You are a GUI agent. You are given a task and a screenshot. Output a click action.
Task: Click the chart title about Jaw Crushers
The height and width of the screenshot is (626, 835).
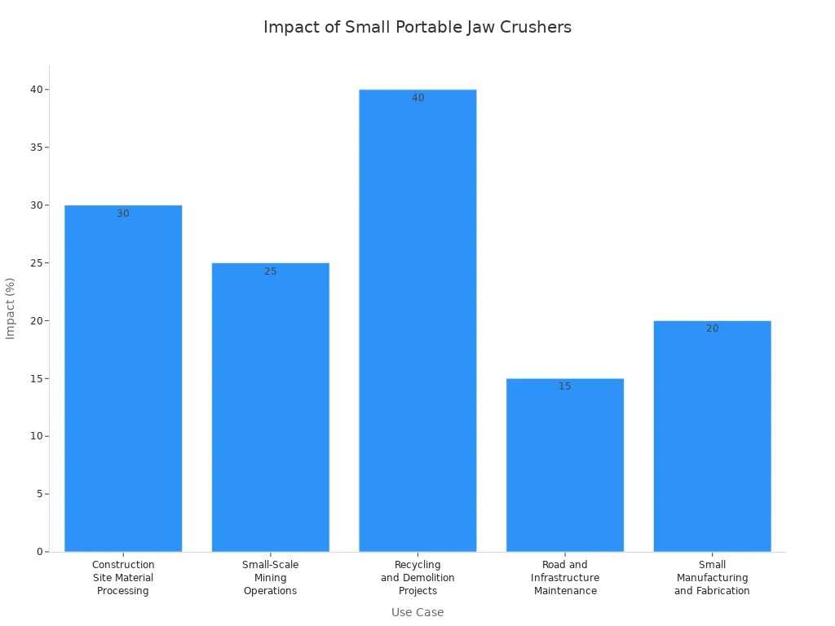417,27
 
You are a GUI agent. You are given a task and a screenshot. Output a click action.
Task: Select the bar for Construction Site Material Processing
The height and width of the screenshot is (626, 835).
123,378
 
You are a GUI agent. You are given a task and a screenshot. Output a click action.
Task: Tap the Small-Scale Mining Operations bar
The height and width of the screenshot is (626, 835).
270,408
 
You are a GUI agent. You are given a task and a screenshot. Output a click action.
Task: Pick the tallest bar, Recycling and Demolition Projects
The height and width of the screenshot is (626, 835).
417,320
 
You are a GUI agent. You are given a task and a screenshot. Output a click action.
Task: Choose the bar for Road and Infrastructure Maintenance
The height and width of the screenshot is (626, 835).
565,465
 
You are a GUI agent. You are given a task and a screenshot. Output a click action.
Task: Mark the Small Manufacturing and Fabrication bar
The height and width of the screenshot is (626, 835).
712,436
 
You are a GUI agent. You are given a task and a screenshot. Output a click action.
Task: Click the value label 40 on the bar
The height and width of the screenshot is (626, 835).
417,98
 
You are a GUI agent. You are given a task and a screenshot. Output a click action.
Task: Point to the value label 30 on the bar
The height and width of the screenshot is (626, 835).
123,214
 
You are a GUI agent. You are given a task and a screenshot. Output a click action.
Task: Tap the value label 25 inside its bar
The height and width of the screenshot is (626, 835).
270,271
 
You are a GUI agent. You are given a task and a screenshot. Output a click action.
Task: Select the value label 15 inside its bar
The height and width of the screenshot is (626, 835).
565,386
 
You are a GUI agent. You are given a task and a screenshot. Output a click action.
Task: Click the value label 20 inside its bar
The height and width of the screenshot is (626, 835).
712,328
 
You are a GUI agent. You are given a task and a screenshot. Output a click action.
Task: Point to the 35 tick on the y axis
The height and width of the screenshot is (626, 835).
36,148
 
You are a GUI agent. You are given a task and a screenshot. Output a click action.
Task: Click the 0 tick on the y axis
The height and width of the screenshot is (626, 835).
39,552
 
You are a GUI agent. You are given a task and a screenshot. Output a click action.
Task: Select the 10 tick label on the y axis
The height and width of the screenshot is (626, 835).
36,436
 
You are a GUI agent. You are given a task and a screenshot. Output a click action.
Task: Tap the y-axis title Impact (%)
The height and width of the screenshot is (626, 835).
11,308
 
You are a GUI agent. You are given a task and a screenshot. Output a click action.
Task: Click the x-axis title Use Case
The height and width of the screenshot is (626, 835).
417,612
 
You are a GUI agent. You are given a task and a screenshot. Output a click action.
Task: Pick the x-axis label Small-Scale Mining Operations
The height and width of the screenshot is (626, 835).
270,577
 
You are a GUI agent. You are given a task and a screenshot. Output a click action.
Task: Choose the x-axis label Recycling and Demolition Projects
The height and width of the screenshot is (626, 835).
417,577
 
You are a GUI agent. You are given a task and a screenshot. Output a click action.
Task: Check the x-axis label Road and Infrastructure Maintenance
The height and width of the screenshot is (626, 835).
565,577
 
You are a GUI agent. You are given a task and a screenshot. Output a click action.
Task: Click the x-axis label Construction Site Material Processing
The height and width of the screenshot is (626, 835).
123,577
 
